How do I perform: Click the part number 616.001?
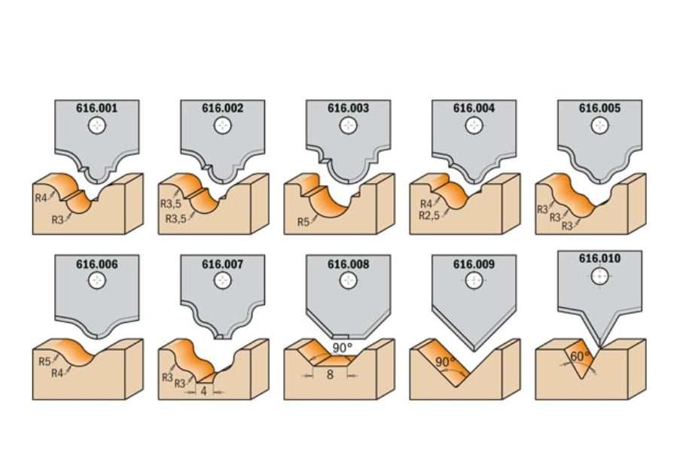point(96,108)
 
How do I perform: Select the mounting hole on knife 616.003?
point(348,126)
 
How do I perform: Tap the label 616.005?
point(599,108)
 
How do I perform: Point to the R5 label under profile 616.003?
point(303,222)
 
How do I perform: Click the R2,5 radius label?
point(429,215)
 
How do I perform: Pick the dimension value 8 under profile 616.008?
point(330,374)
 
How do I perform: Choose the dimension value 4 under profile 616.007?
point(204,391)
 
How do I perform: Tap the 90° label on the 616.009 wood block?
point(445,361)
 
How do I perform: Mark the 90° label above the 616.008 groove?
point(343,347)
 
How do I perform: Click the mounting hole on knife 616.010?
point(599,276)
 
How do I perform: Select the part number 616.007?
point(222,264)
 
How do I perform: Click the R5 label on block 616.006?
point(45,361)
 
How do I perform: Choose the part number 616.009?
point(474,264)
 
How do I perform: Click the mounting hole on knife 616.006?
point(96,281)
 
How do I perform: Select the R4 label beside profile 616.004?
point(426,203)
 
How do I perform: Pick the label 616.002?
point(222,108)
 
